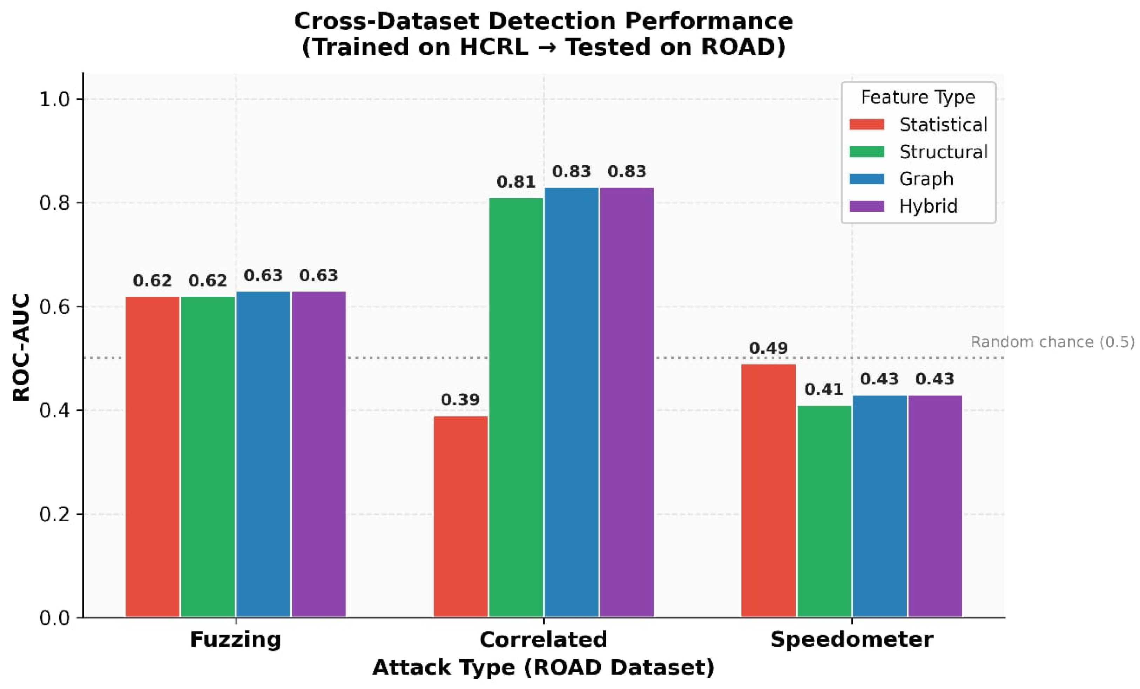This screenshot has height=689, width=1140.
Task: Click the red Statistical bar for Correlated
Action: click(x=460, y=516)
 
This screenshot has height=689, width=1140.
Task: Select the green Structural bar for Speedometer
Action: click(x=824, y=511)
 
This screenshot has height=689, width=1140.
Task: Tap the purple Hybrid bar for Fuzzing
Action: click(x=319, y=454)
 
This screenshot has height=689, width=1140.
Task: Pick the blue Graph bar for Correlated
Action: click(x=571, y=403)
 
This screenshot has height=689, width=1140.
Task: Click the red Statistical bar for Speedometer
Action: click(x=769, y=490)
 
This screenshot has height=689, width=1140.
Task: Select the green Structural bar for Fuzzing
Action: click(x=208, y=457)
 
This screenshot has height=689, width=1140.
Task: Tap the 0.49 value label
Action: click(x=769, y=348)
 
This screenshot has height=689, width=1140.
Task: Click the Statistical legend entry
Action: click(x=918, y=125)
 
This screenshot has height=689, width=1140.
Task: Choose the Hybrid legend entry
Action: click(x=904, y=206)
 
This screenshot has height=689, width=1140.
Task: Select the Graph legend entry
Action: click(x=901, y=179)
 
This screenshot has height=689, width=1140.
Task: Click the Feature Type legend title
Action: click(x=918, y=97)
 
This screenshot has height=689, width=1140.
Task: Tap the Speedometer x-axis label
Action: click(x=852, y=640)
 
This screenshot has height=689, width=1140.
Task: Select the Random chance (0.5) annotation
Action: click(x=1052, y=342)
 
